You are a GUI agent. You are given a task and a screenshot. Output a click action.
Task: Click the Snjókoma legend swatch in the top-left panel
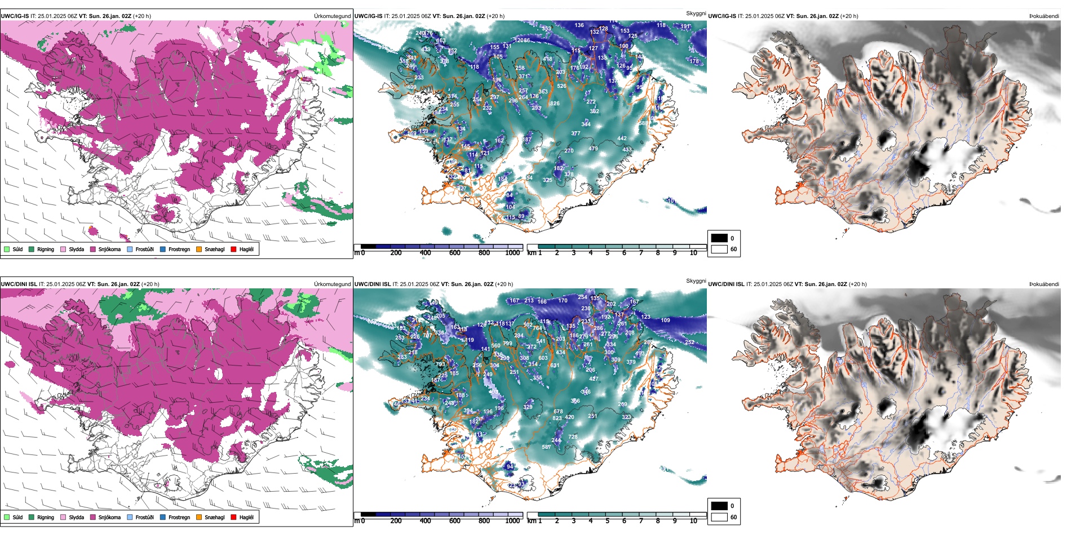point(93,249)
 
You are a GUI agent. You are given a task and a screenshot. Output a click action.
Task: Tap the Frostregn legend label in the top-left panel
point(179,249)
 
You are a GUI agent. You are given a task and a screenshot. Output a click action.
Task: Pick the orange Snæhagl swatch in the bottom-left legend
point(199,517)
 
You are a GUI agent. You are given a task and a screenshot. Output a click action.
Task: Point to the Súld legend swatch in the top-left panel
point(7,249)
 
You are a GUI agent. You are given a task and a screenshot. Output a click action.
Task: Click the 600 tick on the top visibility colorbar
point(454,253)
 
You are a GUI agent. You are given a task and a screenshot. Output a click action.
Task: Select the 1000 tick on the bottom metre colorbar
point(512,521)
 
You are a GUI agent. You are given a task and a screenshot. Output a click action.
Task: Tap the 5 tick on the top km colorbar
point(607,253)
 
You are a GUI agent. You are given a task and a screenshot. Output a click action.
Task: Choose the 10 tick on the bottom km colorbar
point(693,521)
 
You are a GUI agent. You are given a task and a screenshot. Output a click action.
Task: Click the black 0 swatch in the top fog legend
point(719,238)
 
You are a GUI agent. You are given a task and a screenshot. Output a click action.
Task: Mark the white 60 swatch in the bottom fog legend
point(719,517)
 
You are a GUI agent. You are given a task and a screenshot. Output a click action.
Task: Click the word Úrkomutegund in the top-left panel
point(332,16)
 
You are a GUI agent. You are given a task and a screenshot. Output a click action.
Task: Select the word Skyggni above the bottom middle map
point(696,280)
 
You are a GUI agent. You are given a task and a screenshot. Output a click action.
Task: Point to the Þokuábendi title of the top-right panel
point(1044,16)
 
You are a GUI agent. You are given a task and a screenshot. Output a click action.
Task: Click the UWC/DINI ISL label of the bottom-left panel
point(19,284)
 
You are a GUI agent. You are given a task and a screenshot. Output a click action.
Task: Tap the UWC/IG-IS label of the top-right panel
point(722,16)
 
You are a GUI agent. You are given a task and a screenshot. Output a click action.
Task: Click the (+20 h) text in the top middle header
point(495,16)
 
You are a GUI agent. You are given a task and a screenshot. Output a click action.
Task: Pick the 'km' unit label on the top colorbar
point(532,253)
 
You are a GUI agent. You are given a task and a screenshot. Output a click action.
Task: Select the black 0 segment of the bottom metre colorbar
point(368,515)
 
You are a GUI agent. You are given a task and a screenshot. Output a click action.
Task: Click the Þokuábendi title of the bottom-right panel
point(1044,284)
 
